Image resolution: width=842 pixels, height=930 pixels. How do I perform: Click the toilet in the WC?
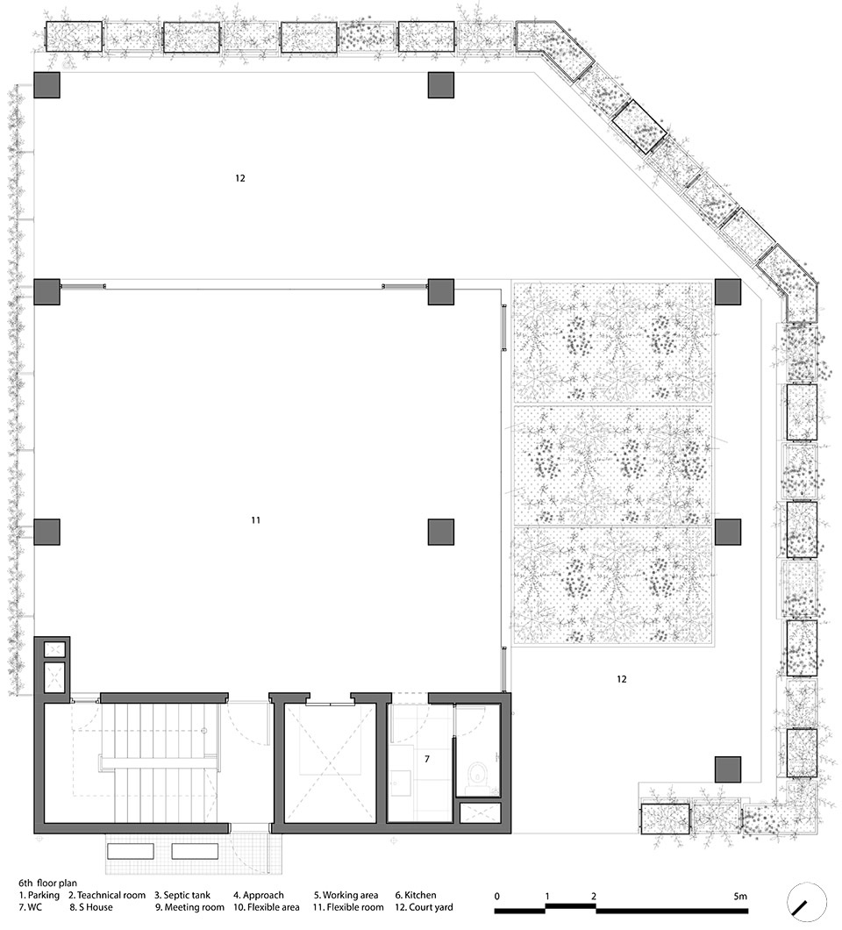(477, 776)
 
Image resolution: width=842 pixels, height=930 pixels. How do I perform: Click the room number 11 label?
(255, 520)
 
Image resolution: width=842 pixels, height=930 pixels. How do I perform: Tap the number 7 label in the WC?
(427, 759)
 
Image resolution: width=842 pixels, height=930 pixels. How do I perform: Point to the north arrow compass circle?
(806, 902)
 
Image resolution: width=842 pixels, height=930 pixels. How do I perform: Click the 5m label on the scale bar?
(740, 896)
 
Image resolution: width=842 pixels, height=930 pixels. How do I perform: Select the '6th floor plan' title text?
(47, 883)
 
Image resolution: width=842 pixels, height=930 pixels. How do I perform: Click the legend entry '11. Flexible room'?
(348, 907)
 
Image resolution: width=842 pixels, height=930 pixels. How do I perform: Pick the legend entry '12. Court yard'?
(424, 907)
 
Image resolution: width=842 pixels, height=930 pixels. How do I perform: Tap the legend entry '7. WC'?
(30, 907)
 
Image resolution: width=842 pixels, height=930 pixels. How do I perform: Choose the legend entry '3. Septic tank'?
(182, 895)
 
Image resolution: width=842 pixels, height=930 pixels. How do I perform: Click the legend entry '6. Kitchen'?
(416, 895)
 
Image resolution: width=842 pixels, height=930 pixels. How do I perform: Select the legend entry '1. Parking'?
(39, 895)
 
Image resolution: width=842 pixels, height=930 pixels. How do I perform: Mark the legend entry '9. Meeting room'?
(189, 907)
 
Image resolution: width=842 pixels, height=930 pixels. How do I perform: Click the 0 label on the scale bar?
(497, 896)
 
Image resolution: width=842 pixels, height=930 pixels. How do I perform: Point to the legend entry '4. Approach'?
(259, 895)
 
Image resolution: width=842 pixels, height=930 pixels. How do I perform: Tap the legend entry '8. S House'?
(90, 907)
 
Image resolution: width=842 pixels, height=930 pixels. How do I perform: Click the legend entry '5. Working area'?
(346, 895)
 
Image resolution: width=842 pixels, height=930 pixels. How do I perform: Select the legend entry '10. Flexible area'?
(267, 907)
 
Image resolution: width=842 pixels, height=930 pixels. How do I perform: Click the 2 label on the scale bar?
(594, 896)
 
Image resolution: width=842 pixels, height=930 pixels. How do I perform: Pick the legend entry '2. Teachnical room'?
(107, 895)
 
